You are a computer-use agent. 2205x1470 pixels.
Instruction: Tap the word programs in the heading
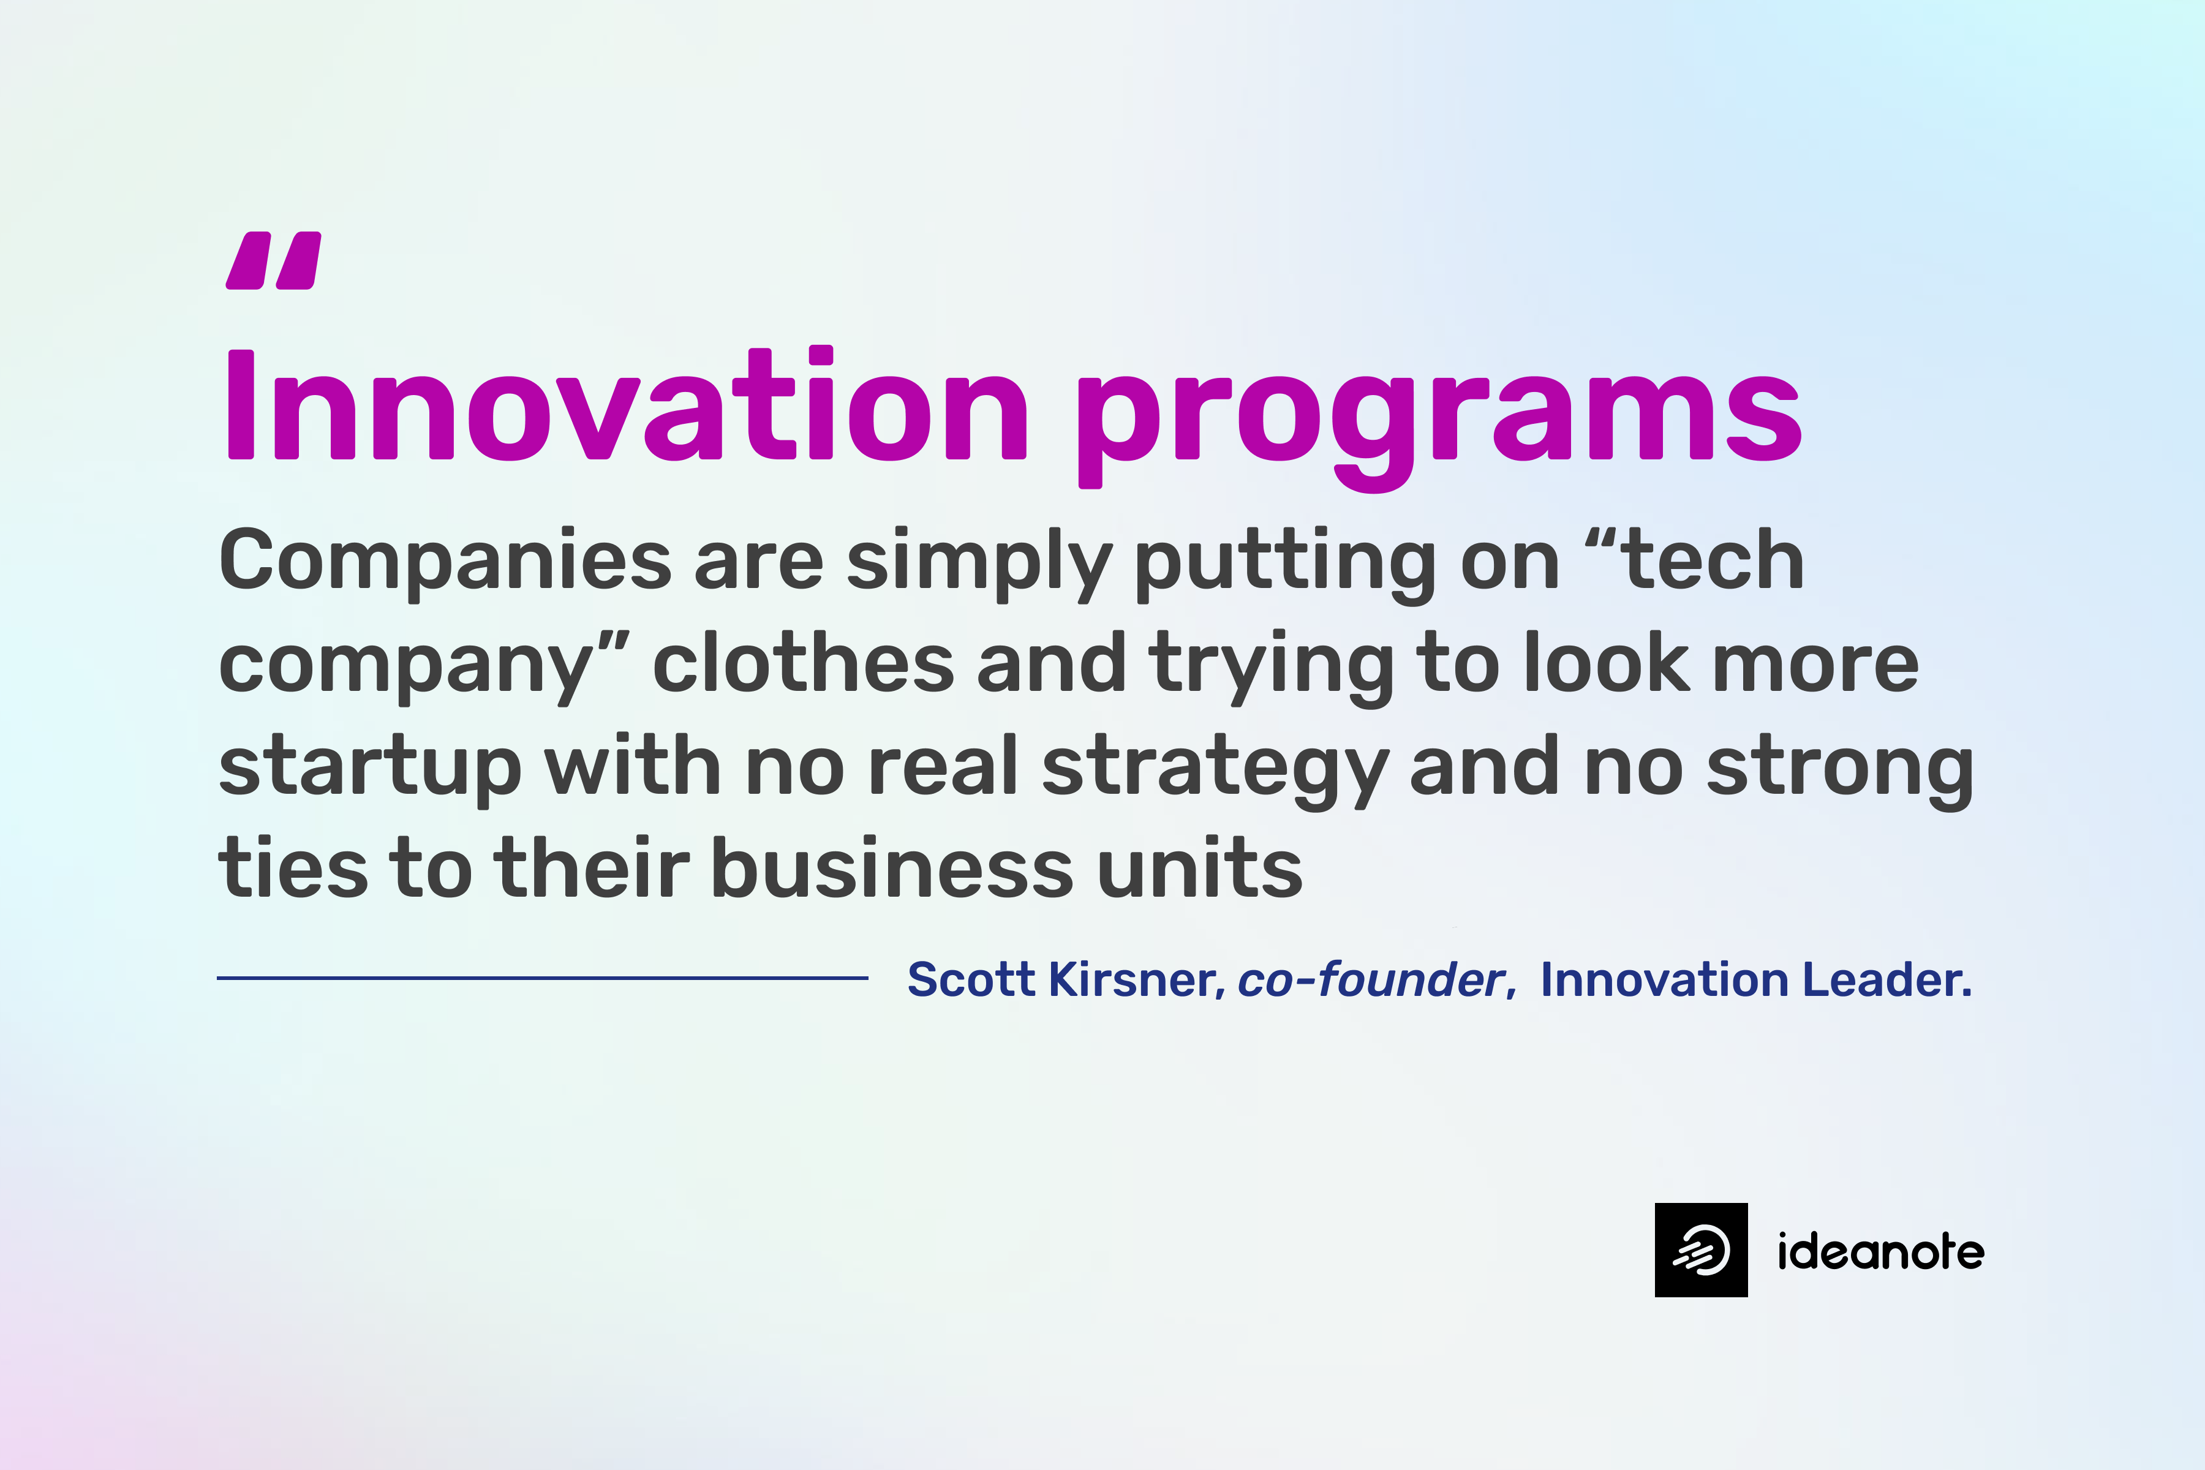1438,412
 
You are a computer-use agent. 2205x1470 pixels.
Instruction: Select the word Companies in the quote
445,560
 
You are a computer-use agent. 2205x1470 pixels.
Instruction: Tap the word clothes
802,664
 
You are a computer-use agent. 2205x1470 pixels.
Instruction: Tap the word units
1200,868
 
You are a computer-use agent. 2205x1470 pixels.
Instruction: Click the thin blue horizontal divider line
542,978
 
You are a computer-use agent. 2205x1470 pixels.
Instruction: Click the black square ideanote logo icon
1701,1249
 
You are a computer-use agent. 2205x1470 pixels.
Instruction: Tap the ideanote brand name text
1880,1251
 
